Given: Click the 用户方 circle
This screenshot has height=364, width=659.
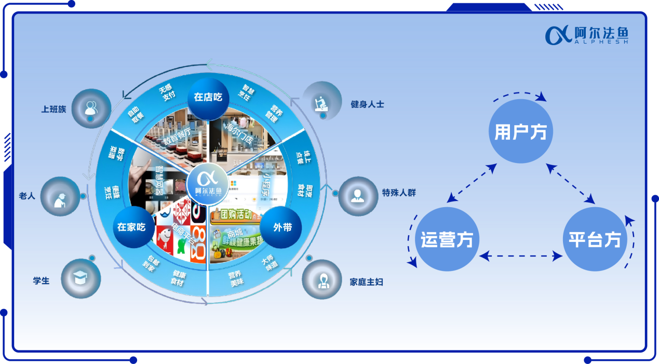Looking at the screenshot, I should (520, 132).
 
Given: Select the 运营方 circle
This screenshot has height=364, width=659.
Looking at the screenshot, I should (447, 239).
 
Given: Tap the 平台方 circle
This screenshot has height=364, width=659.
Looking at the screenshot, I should (595, 239).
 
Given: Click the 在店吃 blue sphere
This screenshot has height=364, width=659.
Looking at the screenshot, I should (208, 97).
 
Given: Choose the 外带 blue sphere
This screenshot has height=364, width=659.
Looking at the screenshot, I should (281, 227).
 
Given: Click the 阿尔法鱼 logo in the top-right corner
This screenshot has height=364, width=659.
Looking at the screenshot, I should (587, 35).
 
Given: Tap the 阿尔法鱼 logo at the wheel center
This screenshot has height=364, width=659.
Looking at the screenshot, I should (208, 183).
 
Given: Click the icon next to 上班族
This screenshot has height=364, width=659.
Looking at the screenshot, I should (91, 108).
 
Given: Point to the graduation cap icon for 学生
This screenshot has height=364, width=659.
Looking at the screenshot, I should (80, 278).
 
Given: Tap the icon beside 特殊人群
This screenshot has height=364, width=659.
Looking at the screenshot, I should (357, 196).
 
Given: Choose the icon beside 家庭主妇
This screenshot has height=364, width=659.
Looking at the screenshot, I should (322, 279).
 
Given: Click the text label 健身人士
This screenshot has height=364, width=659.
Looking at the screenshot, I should (367, 104).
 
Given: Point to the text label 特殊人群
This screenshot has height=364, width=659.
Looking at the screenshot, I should (399, 193).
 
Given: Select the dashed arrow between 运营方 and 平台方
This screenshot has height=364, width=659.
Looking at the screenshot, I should (521, 255).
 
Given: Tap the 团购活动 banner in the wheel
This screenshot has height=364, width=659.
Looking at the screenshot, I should (232, 214).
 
